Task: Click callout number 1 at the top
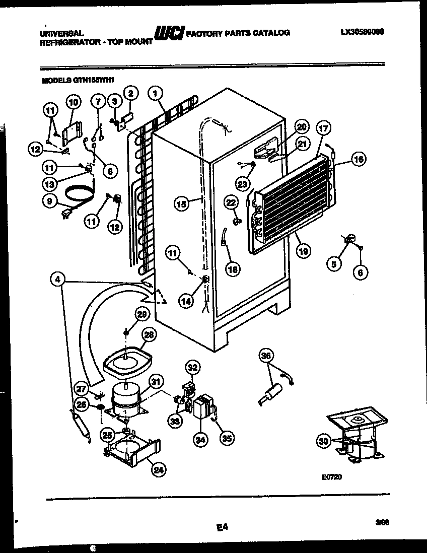[156, 94]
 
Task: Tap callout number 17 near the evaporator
[323, 128]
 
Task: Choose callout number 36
[267, 356]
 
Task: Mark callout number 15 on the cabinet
[182, 204]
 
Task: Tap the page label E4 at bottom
[222, 527]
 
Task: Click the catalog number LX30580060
[362, 32]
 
